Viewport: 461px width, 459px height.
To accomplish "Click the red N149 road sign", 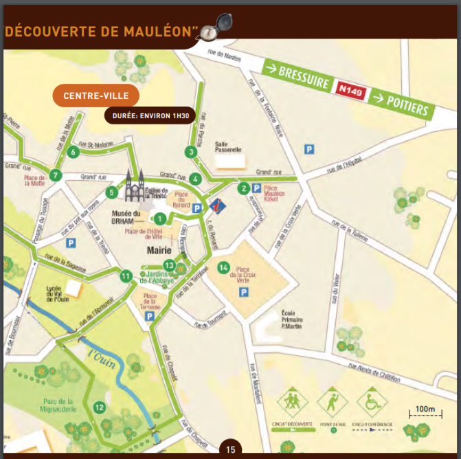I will (x=351, y=89).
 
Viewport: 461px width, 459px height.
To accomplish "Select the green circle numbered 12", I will (x=100, y=407).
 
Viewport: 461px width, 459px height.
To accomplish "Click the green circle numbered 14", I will (x=223, y=267).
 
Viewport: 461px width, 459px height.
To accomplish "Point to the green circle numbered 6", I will (x=73, y=152).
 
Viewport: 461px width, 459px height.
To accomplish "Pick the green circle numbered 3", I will (x=190, y=152).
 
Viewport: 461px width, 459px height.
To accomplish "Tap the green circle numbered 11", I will (x=126, y=276).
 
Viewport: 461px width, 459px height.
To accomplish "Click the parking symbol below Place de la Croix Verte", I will (x=243, y=293).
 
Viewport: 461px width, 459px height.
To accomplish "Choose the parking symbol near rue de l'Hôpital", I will (x=309, y=148).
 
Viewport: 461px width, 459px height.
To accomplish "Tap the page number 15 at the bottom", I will (x=230, y=449).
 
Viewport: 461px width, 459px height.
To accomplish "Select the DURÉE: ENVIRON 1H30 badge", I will (x=147, y=115).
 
